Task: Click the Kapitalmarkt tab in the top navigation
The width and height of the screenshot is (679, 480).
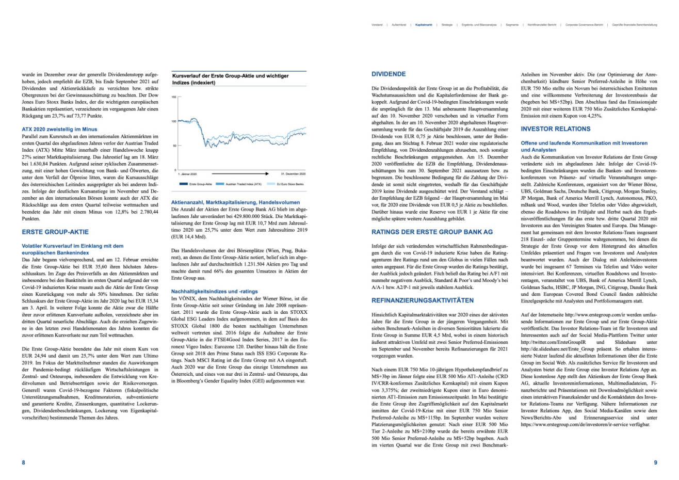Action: [424, 24]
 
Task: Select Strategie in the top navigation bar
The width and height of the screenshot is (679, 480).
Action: [447, 24]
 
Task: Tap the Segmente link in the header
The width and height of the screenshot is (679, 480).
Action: [512, 24]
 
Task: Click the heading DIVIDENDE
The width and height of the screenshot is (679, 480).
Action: [389, 74]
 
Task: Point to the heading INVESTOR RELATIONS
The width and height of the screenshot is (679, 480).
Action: [555, 129]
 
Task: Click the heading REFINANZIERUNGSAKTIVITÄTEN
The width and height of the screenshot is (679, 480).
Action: [422, 300]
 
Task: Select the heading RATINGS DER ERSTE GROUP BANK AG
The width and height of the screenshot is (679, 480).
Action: [432, 232]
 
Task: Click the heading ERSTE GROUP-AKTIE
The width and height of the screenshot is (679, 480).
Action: [55, 232]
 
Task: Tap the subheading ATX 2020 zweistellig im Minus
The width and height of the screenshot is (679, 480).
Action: [59, 129]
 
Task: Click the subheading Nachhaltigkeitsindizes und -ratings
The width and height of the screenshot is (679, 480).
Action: [214, 292]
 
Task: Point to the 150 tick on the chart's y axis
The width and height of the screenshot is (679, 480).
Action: [174, 97]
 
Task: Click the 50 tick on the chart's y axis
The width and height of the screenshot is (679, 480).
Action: [174, 146]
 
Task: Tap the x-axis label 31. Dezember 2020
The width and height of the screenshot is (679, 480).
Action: [293, 174]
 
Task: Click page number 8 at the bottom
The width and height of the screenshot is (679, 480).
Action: [23, 462]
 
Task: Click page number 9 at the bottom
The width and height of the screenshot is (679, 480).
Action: [655, 462]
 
